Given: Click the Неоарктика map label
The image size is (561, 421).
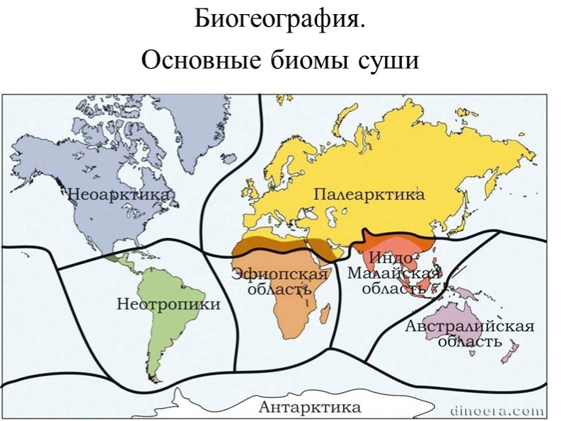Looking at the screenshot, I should pos(118,193).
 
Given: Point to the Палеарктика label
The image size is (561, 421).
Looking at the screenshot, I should pos(369,194).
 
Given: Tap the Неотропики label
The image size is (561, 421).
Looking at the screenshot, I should pos(168,304).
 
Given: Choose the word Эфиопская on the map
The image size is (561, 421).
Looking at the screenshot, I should pos(281,274).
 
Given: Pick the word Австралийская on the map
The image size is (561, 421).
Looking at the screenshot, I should pos(469,326).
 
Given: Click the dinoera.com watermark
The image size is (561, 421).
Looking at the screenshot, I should pos(497,410).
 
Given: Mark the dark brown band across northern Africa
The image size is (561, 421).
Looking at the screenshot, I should pos(283,248).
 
